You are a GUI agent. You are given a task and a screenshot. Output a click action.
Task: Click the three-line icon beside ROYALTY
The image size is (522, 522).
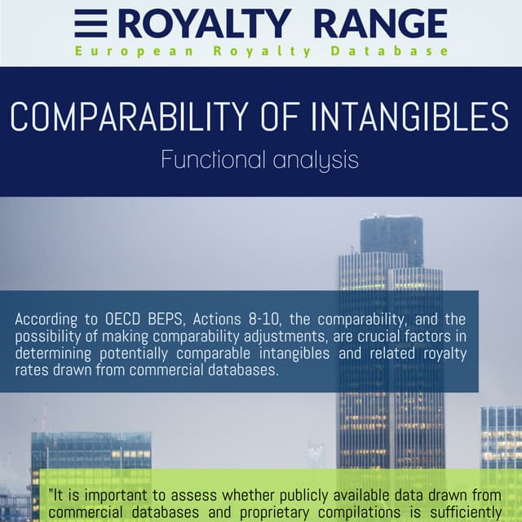pyautogui.click(x=90, y=24)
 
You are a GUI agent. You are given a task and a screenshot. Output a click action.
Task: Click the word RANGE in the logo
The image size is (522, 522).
pyautogui.click(x=380, y=24)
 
